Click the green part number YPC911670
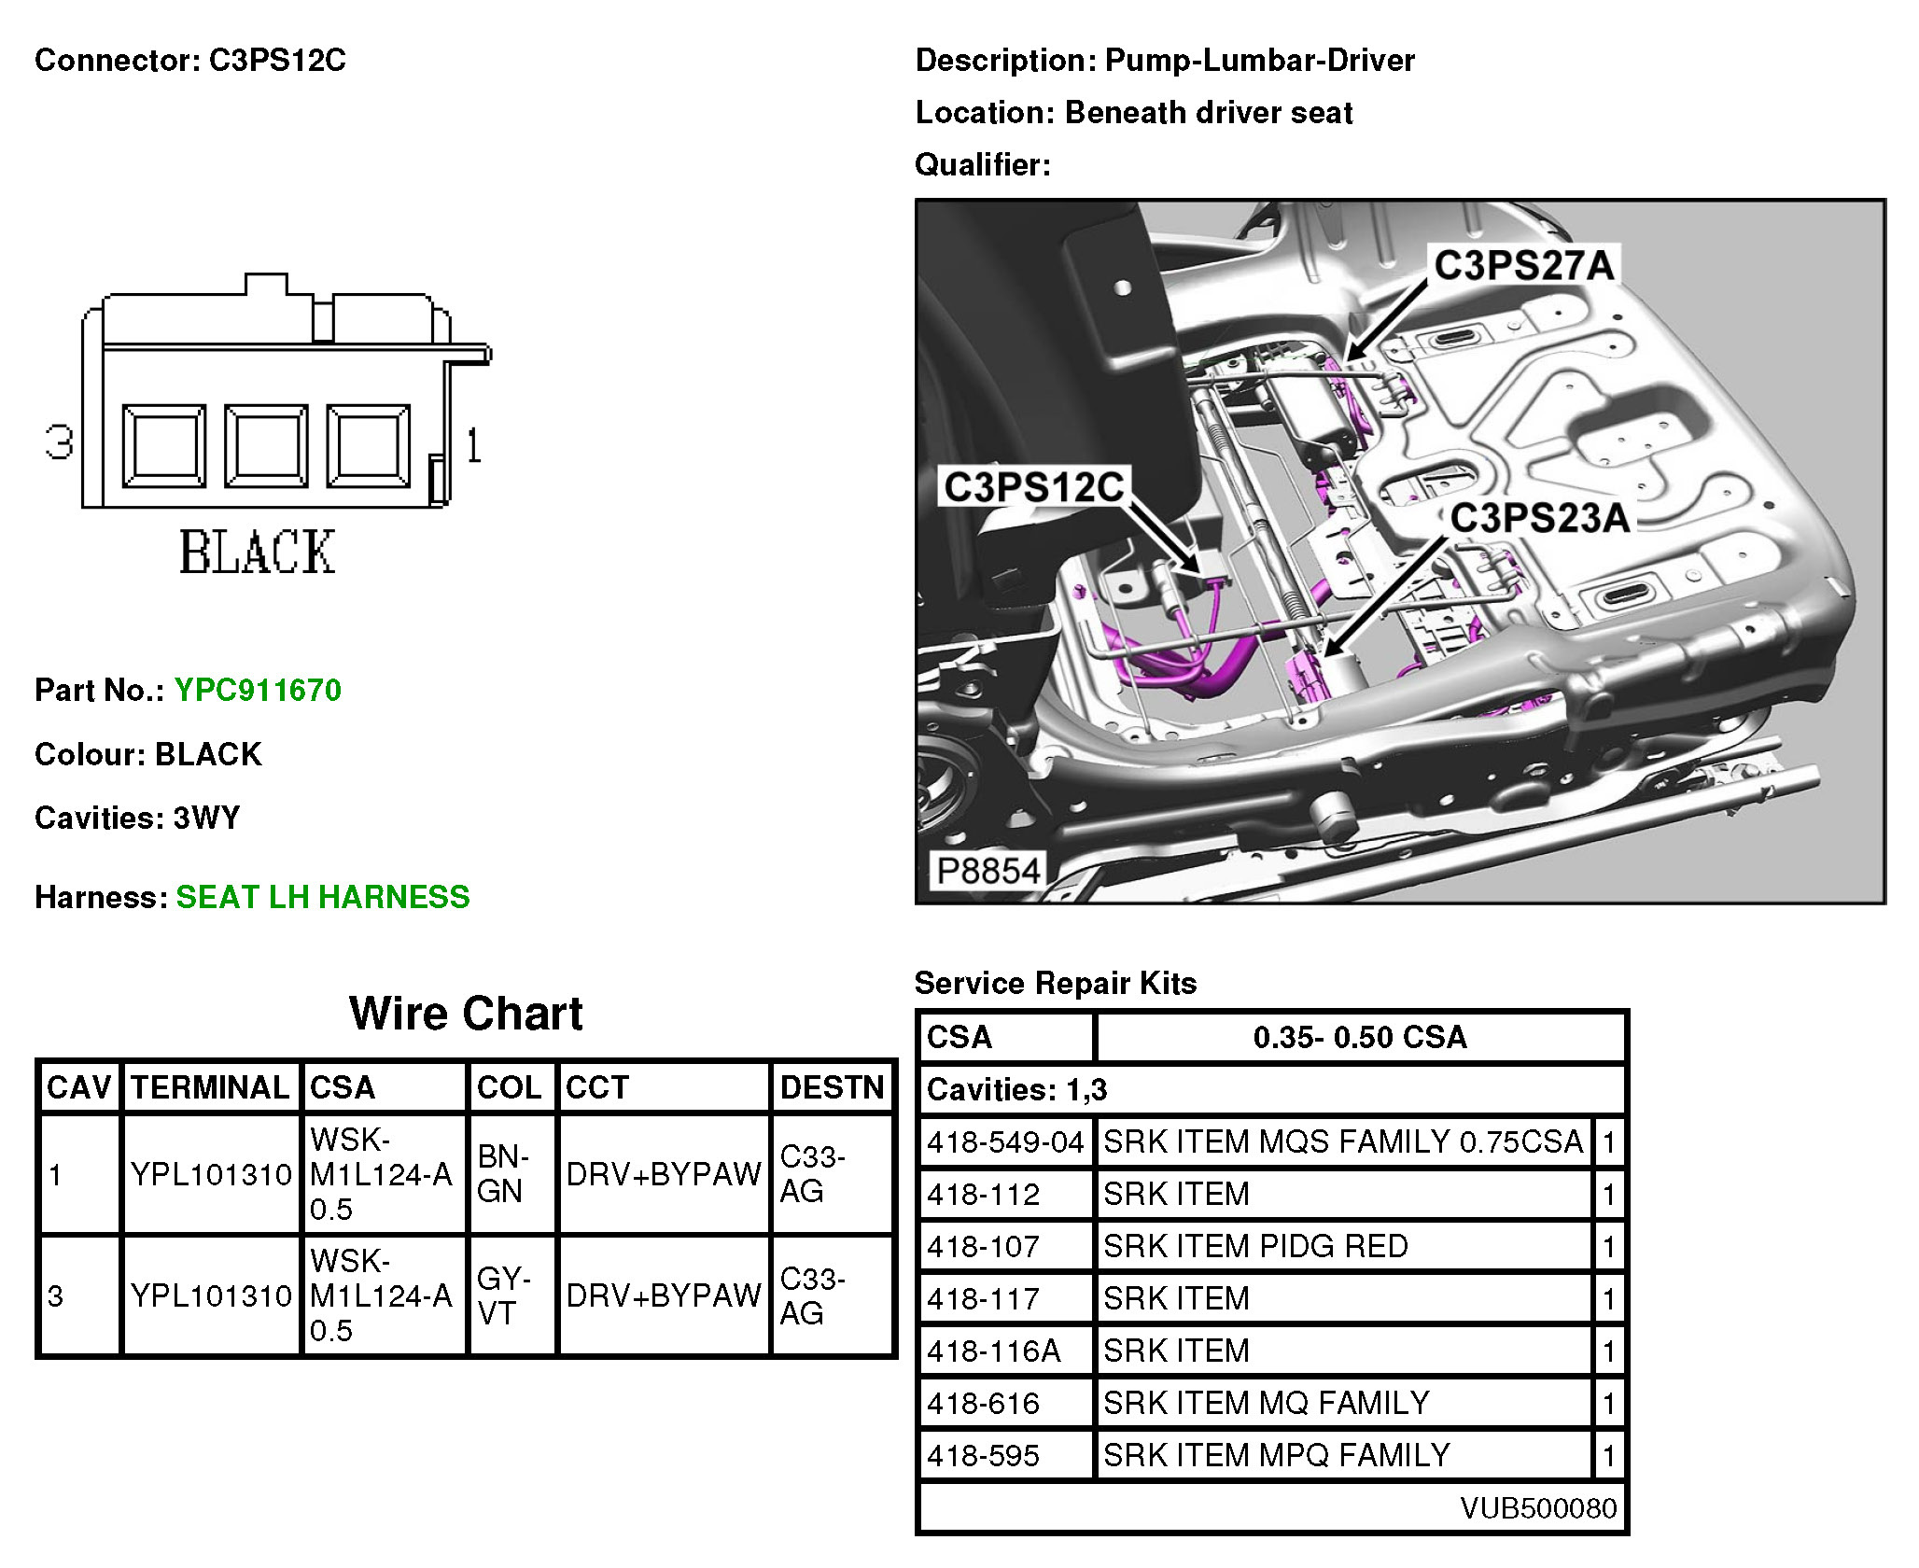258,691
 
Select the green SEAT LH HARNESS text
323,897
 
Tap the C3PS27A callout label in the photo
1523,265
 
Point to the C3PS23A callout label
1539,518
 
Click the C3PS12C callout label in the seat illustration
1034,487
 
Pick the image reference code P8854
988,871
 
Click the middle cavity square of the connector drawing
266,446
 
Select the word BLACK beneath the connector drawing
257,552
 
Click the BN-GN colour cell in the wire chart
504,1173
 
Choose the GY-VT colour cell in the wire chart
504,1295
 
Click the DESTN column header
832,1087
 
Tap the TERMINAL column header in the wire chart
210,1087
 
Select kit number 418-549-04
1004,1141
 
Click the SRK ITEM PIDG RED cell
1255,1246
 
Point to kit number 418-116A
993,1351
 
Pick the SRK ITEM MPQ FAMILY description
1276,1455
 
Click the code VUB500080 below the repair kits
1538,1508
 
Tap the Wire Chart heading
466,1014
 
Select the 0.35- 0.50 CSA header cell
1360,1037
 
